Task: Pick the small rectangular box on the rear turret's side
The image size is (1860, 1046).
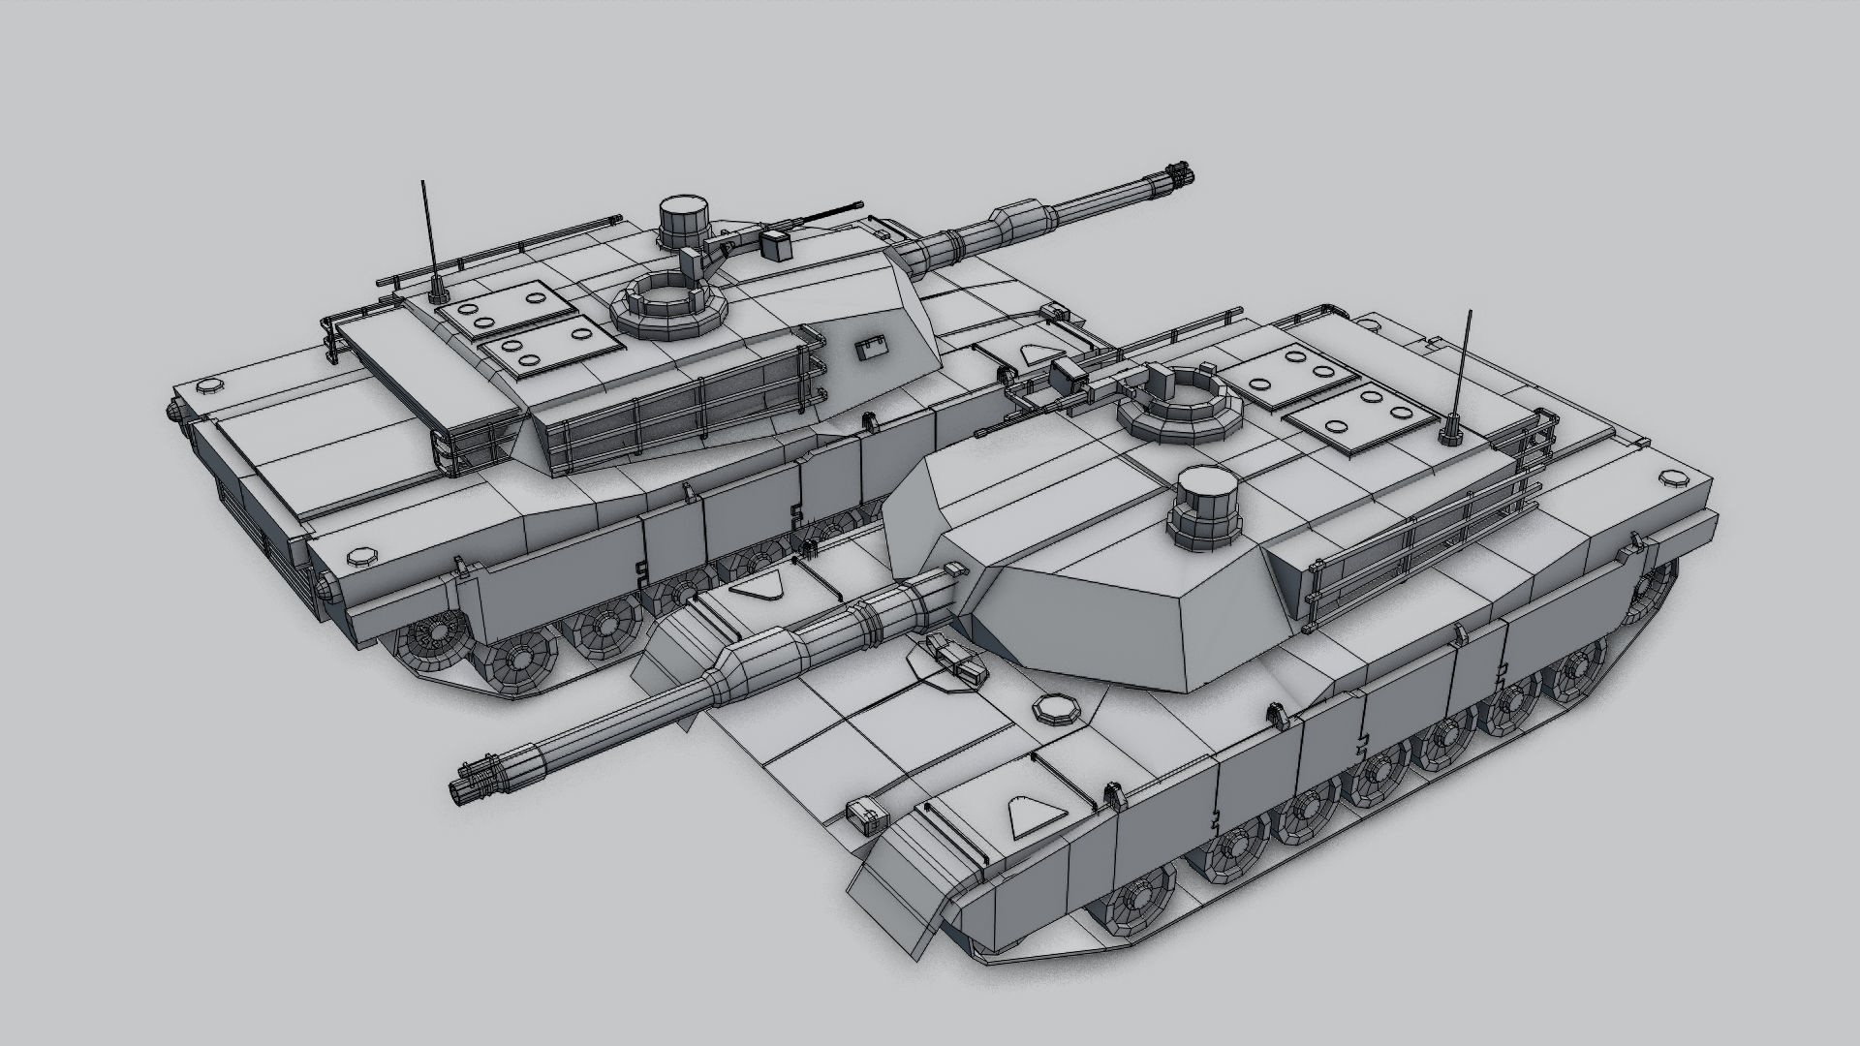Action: [x=873, y=349]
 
